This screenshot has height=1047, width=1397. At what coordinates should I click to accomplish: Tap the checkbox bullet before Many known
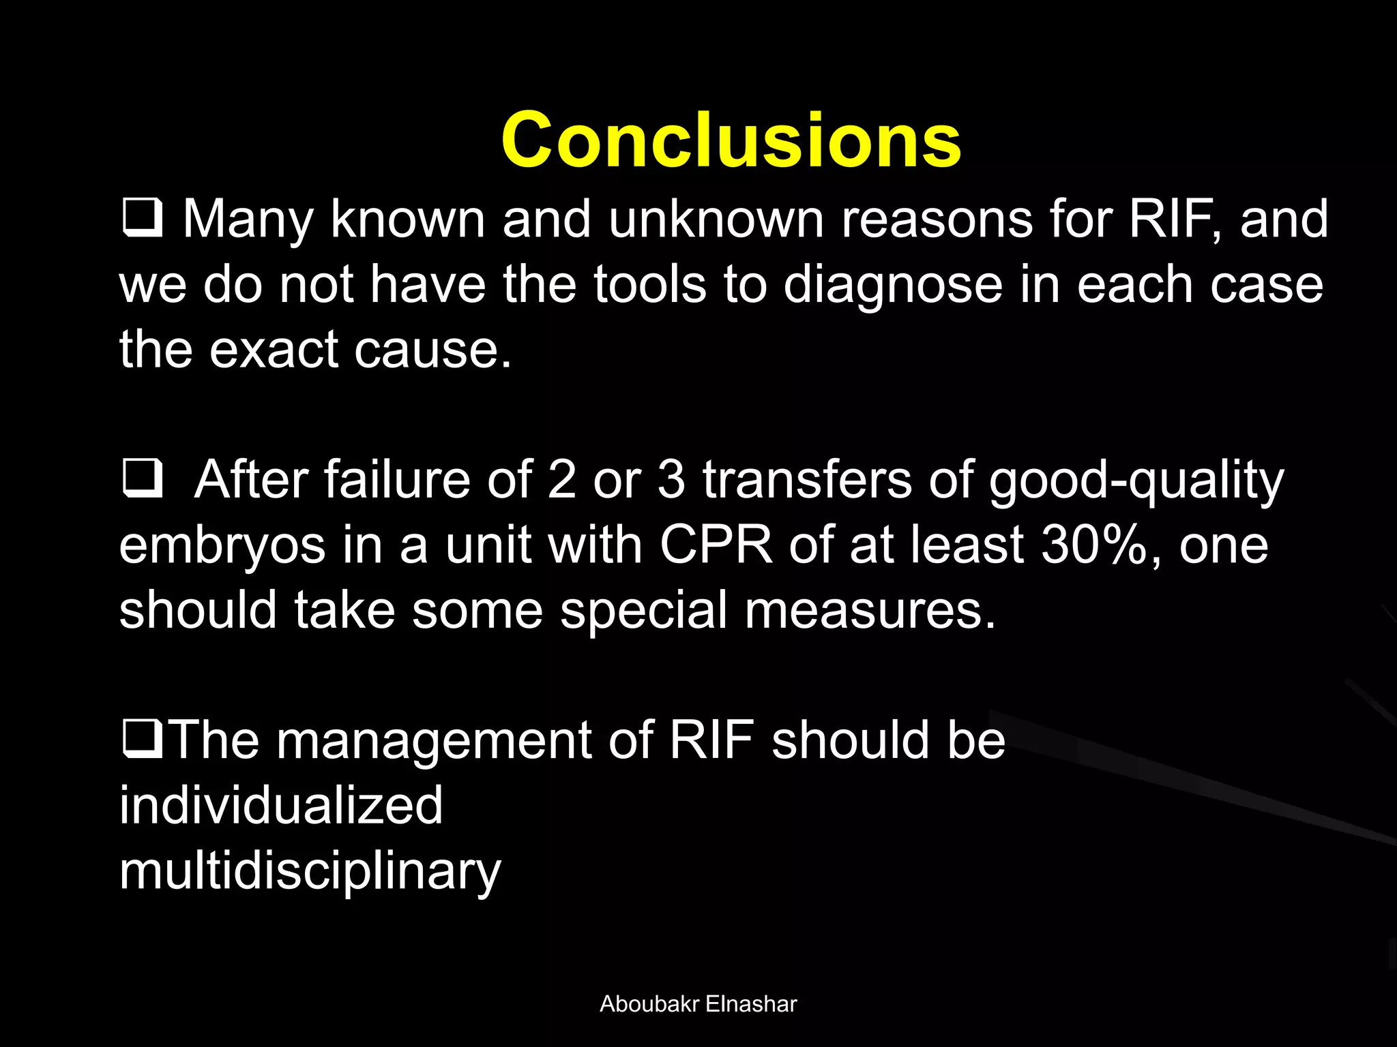[x=143, y=219]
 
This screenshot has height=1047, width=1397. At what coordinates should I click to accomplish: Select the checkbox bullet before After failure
[x=143, y=479]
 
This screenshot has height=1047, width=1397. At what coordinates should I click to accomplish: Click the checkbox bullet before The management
[x=143, y=740]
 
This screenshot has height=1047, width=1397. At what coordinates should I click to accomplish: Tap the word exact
[x=273, y=349]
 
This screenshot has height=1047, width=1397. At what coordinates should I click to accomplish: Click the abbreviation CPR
[x=716, y=545]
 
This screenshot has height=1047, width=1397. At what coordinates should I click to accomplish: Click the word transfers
[x=807, y=480]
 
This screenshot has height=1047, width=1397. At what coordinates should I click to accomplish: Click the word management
[x=434, y=742]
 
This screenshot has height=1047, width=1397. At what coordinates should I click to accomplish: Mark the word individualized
[x=281, y=806]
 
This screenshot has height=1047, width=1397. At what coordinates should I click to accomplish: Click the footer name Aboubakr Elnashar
[x=698, y=1004]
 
